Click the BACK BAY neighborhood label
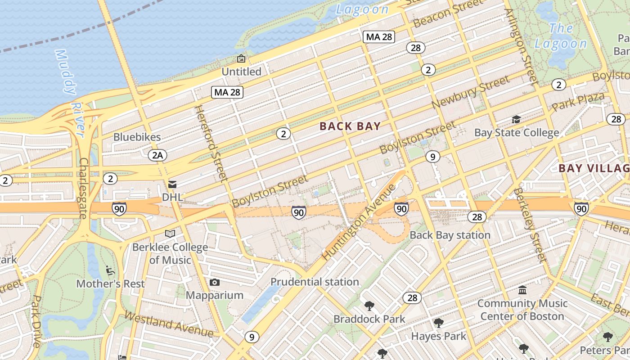[x=350, y=126]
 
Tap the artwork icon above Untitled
[x=241, y=58]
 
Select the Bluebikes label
[x=137, y=137]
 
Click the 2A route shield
[x=157, y=155]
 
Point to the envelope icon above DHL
[x=172, y=184]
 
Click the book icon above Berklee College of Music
[x=170, y=234]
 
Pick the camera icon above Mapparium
[x=215, y=282]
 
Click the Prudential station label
[x=315, y=282]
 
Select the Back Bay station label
[x=450, y=235]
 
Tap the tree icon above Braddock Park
[x=369, y=306]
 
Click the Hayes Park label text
[x=438, y=336]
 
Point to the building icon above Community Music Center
[x=522, y=290]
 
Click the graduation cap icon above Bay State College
[x=516, y=119]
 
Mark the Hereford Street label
[x=211, y=143]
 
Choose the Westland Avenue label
[x=169, y=324]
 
